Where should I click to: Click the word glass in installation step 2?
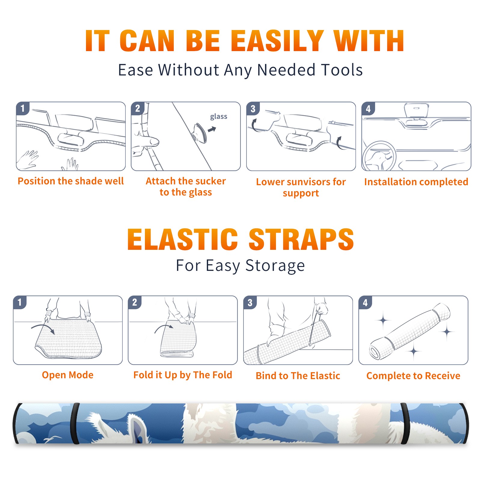point(219,117)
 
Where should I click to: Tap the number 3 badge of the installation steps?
point(253,109)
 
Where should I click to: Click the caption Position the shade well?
point(71,181)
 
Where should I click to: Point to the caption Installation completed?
point(416,182)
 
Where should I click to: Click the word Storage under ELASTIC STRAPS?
point(275,266)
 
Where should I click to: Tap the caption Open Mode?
point(68,375)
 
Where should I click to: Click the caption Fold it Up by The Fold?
point(183,375)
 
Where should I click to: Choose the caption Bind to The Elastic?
point(298,376)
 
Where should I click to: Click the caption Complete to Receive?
point(413,376)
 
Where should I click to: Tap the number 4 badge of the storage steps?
point(365,302)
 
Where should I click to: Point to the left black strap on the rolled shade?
point(75,423)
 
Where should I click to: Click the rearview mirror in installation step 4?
point(416,110)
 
